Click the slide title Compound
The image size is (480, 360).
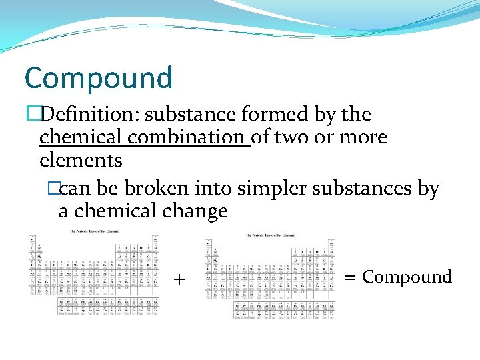(x=98, y=78)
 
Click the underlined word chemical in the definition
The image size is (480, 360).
(x=81, y=137)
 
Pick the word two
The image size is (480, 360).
(x=293, y=137)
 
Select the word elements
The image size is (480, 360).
(x=81, y=160)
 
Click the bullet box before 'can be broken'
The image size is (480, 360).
(x=54, y=189)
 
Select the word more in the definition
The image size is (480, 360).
(x=363, y=137)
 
